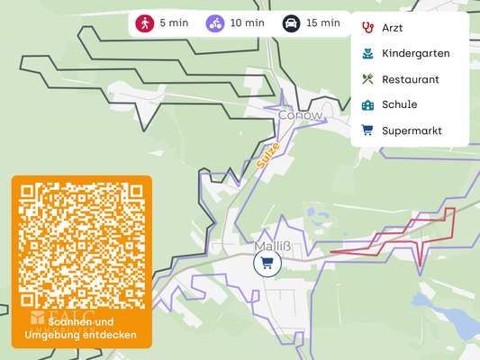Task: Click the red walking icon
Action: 145,23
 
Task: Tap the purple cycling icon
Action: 215,23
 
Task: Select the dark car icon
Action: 291,23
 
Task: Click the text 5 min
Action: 174,23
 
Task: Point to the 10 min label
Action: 248,23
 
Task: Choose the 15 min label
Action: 323,23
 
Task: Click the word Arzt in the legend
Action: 393,28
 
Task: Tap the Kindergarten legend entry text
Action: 415,53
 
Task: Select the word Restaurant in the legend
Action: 411,79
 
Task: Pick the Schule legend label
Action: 399,104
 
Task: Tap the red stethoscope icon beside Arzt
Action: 367,28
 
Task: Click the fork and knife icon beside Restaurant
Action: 367,79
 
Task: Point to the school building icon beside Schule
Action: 367,104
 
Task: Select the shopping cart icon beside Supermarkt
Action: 367,130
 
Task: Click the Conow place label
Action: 300,115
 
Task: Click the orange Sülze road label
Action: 268,156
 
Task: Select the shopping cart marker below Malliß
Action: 267,264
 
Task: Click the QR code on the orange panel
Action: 82,246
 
